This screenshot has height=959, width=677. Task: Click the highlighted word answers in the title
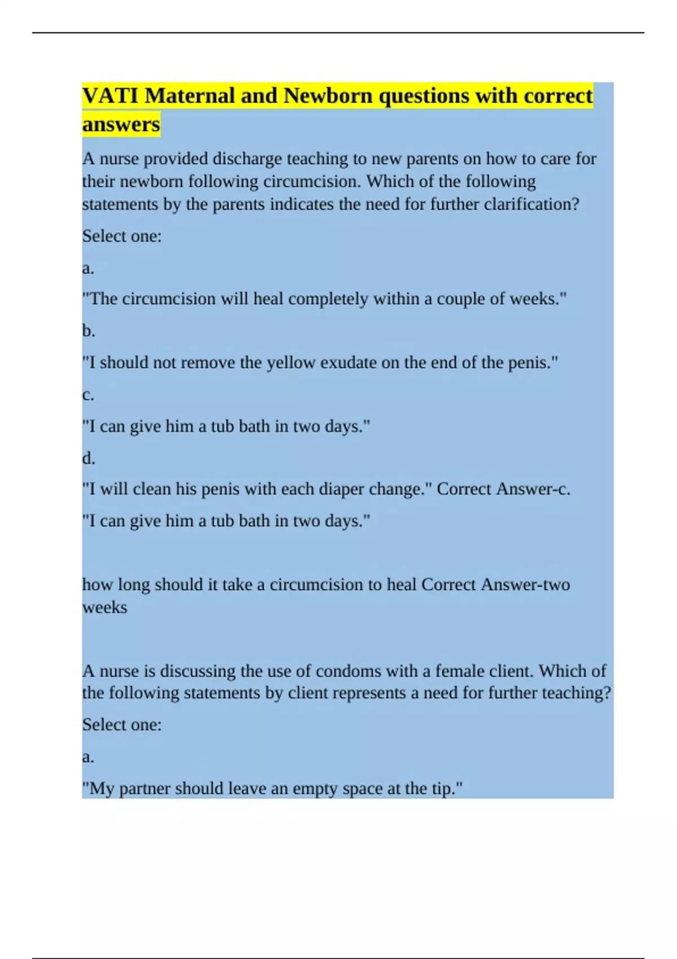pyautogui.click(x=121, y=124)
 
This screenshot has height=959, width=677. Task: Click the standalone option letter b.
pyautogui.click(x=89, y=331)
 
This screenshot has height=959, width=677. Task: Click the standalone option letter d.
pyautogui.click(x=89, y=458)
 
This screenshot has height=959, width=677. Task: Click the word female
pyautogui.click(x=479, y=671)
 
